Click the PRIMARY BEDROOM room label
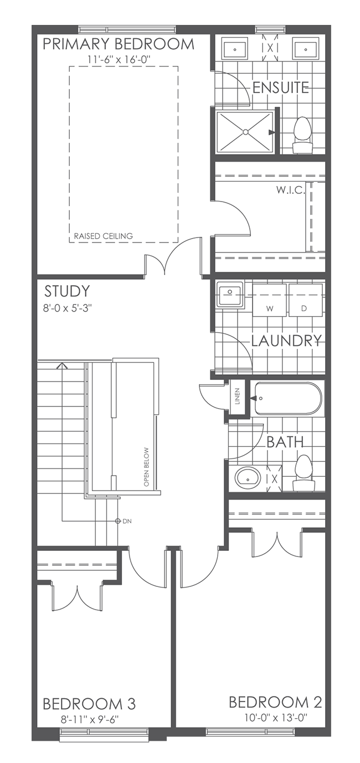pyautogui.click(x=119, y=44)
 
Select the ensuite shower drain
pyautogui.click(x=245, y=132)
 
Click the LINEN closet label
pyautogui.click(x=237, y=396)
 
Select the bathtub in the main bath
pyautogui.click(x=286, y=398)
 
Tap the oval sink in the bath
pyautogui.click(x=248, y=477)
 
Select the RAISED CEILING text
pyautogui.click(x=104, y=236)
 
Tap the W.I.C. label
pyautogui.click(x=289, y=190)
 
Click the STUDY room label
pyautogui.click(x=67, y=291)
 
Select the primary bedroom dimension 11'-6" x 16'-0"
pyautogui.click(x=119, y=59)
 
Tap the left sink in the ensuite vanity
pyautogui.click(x=235, y=49)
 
